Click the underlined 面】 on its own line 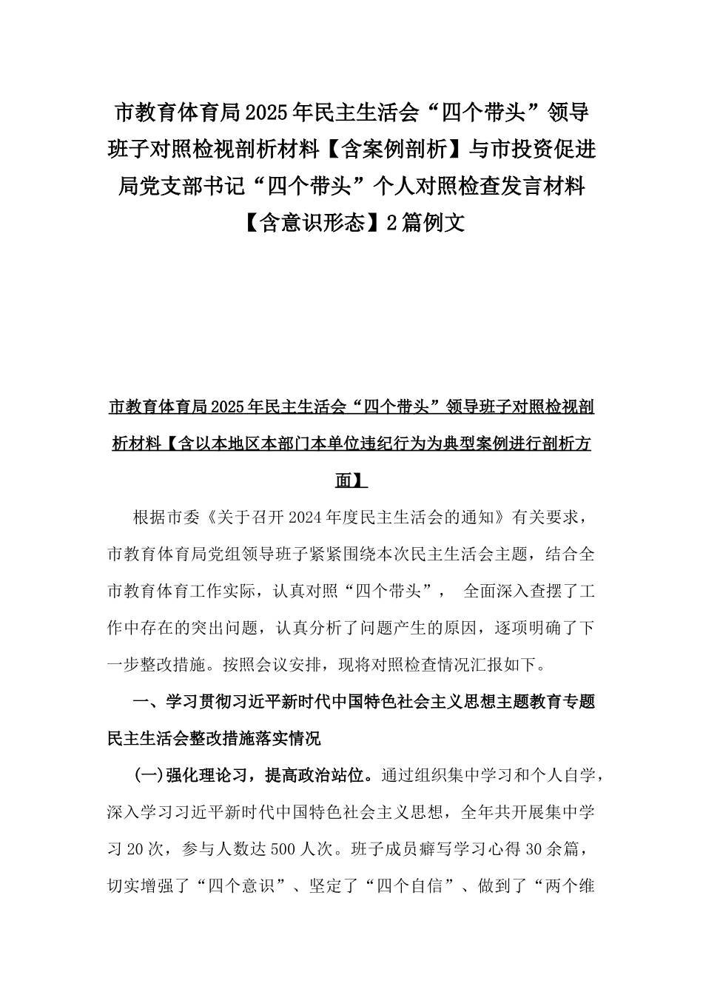coord(351,480)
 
